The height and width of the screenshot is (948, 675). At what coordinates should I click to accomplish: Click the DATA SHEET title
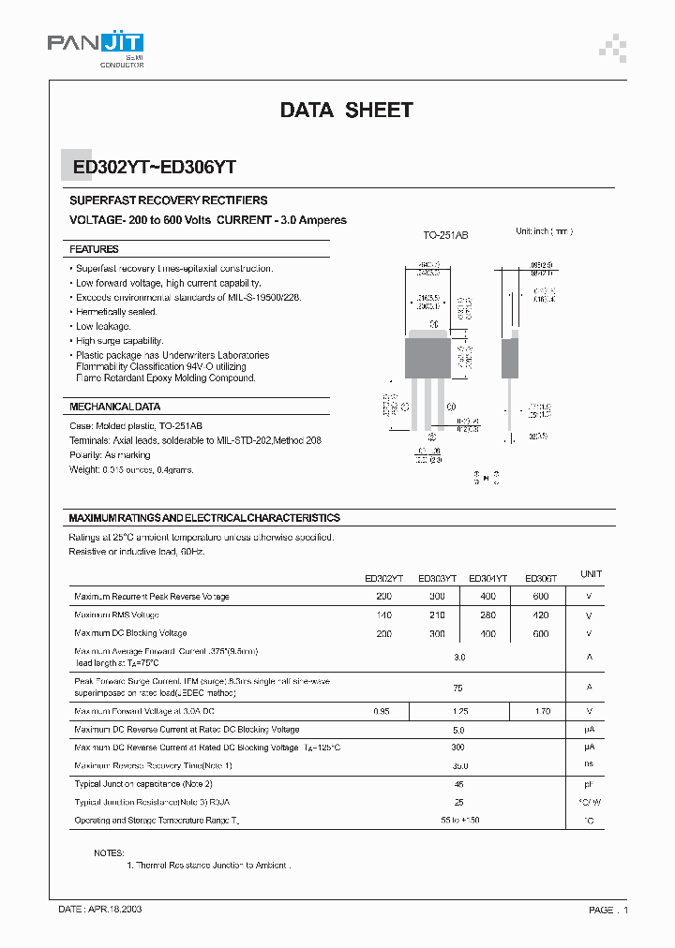346,111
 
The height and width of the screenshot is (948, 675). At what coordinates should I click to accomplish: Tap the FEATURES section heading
94,249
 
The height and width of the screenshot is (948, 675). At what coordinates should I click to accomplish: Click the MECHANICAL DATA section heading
114,407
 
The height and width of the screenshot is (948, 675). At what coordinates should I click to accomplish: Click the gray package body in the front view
427,357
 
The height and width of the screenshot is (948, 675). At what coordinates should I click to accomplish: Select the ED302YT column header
384,579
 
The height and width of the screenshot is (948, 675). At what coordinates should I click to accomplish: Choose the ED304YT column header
487,579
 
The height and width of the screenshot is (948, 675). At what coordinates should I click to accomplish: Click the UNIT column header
591,574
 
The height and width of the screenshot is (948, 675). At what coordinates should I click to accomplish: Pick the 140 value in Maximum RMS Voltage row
384,615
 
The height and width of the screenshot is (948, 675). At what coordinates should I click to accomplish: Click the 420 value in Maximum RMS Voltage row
541,615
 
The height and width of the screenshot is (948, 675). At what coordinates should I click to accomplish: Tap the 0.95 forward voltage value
382,711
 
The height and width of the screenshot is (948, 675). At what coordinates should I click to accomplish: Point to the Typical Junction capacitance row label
143,783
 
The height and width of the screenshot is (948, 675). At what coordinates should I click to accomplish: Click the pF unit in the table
589,783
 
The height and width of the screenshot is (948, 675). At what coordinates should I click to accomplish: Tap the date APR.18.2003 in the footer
100,910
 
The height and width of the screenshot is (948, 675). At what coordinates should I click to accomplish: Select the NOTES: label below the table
108,853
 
